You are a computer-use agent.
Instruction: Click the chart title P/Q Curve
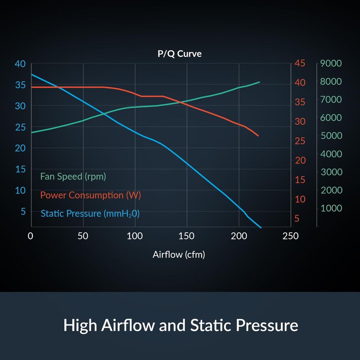click(x=179, y=54)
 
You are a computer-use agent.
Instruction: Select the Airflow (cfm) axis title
click(x=179, y=255)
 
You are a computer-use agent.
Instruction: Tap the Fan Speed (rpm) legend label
click(x=73, y=176)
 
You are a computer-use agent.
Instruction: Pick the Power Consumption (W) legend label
click(x=90, y=195)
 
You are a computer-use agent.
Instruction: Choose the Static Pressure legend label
click(x=90, y=214)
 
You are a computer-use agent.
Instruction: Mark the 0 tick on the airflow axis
click(x=31, y=236)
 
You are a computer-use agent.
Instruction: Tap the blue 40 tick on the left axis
click(x=20, y=63)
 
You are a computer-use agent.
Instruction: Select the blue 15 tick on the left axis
click(x=20, y=169)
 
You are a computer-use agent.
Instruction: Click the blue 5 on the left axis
click(x=22, y=211)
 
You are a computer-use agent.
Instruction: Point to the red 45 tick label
click(x=300, y=63)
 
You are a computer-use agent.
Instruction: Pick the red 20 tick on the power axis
click(x=300, y=161)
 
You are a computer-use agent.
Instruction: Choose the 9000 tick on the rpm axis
click(x=331, y=63)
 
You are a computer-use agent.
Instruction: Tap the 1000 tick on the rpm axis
click(x=331, y=208)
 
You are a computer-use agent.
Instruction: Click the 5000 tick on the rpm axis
click(x=331, y=136)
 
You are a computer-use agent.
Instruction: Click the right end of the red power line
click(x=258, y=135)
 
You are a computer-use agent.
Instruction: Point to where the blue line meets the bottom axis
click(x=261, y=227)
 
